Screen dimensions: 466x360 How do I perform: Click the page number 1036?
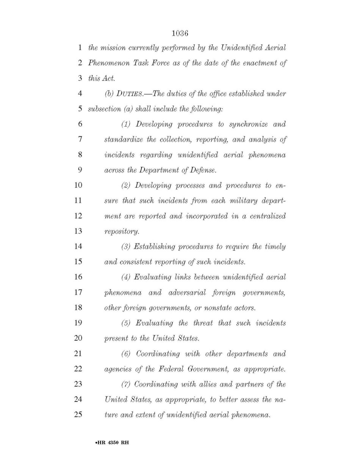click(x=180, y=33)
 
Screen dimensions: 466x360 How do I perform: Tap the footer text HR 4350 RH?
click(x=113, y=442)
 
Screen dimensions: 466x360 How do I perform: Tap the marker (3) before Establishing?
click(x=126, y=247)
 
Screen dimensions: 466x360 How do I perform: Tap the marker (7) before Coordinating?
click(x=126, y=384)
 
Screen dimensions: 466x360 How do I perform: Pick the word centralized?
click(x=267, y=216)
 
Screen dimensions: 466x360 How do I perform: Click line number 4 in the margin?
click(x=80, y=94)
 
